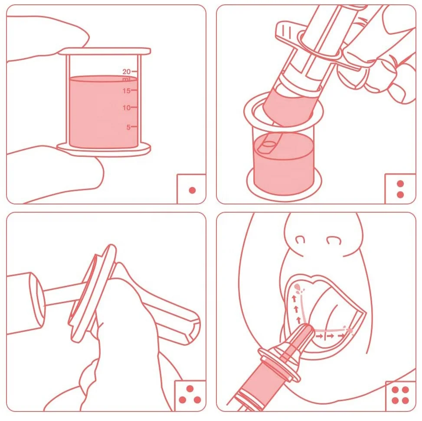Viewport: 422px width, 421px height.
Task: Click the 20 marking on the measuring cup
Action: tap(126, 71)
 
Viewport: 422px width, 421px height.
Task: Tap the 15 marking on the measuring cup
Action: tap(126, 91)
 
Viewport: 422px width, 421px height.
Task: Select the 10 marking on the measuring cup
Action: tap(126, 107)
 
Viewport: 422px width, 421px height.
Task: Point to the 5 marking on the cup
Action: tap(128, 127)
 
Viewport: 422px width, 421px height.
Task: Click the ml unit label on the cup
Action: tap(126, 79)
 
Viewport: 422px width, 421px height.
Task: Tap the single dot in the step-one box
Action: tap(192, 190)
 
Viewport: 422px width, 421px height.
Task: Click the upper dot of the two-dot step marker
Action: tap(400, 184)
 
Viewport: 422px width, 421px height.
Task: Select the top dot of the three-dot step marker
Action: tap(190, 389)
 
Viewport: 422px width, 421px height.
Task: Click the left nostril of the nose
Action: tap(300, 239)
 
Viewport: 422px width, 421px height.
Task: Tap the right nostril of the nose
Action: tap(334, 240)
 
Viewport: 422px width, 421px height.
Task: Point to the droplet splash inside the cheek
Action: tap(299, 288)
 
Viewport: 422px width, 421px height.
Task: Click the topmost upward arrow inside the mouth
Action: tap(294, 298)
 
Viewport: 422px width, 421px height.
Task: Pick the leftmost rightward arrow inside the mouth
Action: tap(320, 336)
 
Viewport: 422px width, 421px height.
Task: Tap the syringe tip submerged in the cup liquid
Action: tap(269, 144)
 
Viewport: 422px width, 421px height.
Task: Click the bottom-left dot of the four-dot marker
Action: tap(395, 401)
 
